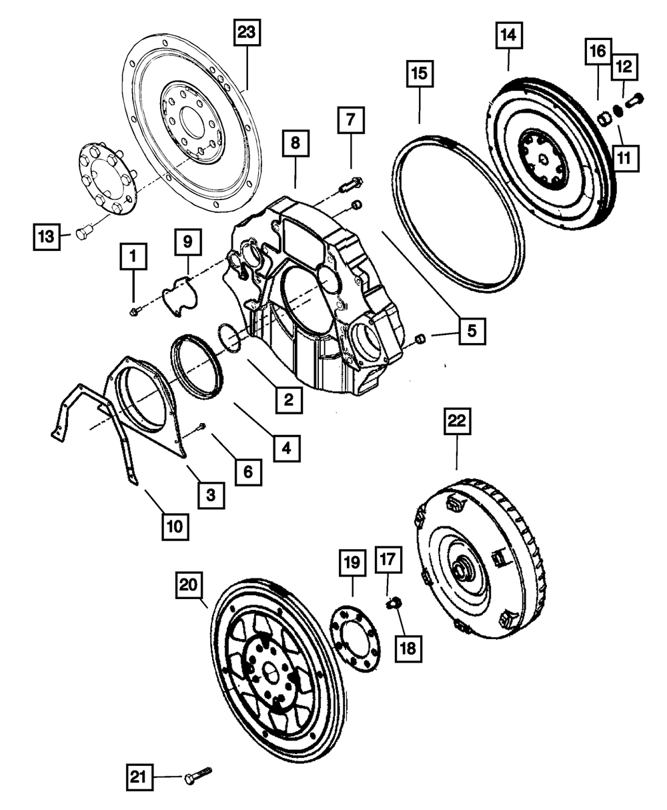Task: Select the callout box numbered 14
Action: click(x=508, y=36)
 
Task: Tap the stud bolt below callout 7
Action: click(x=352, y=183)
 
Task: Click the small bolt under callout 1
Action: click(x=135, y=312)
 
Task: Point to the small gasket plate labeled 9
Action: click(x=179, y=294)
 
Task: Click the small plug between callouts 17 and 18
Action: click(x=394, y=603)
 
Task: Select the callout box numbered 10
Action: click(x=174, y=526)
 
